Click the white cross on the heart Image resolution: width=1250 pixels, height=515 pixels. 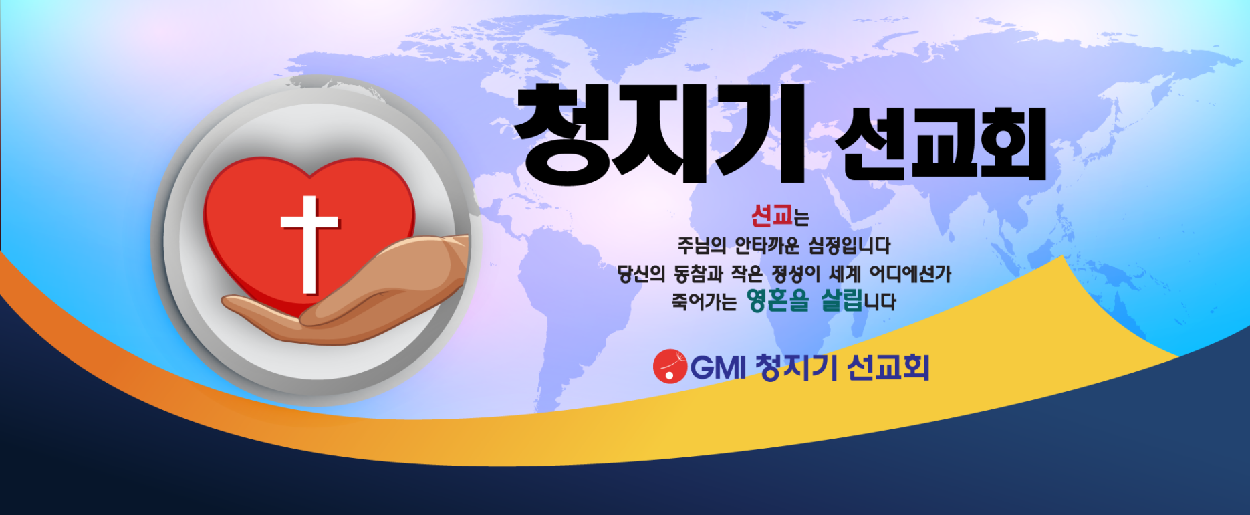click(309, 244)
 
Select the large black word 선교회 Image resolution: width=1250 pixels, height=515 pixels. click(941, 144)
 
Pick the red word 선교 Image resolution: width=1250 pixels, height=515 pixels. click(771, 215)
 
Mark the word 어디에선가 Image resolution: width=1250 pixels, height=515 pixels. click(910, 274)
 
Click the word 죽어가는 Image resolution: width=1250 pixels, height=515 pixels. click(704, 302)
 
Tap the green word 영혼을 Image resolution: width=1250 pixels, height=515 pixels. click(778, 300)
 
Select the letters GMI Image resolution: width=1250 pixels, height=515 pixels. click(718, 367)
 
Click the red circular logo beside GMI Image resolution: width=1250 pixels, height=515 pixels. click(670, 367)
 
